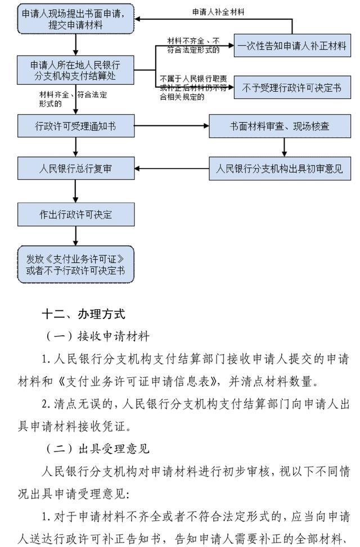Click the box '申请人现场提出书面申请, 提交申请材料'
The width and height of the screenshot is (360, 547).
tap(76, 19)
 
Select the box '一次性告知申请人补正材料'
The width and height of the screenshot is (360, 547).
tap(292, 47)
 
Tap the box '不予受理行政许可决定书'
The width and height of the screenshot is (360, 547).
tap(292, 88)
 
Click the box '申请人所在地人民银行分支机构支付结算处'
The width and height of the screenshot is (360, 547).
tap(76, 70)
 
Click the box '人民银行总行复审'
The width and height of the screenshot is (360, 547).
tap(76, 168)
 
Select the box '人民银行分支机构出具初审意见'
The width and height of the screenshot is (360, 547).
tap(284, 168)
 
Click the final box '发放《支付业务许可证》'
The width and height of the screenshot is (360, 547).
tap(76, 264)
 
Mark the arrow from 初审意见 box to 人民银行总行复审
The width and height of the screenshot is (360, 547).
tap(172, 168)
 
